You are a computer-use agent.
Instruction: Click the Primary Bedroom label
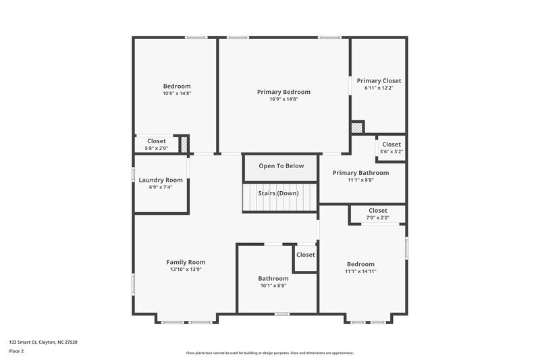click(283, 91)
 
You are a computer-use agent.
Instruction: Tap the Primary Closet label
click(379, 80)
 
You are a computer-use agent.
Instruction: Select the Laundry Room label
click(161, 180)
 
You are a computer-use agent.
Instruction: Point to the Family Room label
click(186, 262)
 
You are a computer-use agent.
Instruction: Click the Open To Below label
click(281, 166)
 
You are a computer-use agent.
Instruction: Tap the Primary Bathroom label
click(360, 172)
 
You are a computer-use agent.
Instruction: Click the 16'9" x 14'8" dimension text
click(283, 99)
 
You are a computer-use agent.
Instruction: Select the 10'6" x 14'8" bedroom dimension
click(177, 93)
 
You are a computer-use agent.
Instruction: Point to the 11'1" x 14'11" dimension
click(360, 272)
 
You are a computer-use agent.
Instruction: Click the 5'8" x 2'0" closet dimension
click(157, 148)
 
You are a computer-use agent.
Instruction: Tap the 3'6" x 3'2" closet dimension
click(391, 151)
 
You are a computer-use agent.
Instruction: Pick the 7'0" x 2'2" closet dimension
click(378, 217)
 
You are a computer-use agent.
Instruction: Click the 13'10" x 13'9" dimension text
click(186, 269)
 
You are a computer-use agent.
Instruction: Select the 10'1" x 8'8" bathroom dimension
click(273, 286)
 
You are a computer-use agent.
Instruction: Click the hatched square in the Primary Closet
click(357, 127)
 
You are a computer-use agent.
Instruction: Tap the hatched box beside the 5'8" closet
click(184, 143)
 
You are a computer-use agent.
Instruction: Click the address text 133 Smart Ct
click(43, 342)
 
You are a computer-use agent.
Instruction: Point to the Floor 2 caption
click(16, 351)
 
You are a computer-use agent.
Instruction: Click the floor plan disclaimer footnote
click(270, 353)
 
